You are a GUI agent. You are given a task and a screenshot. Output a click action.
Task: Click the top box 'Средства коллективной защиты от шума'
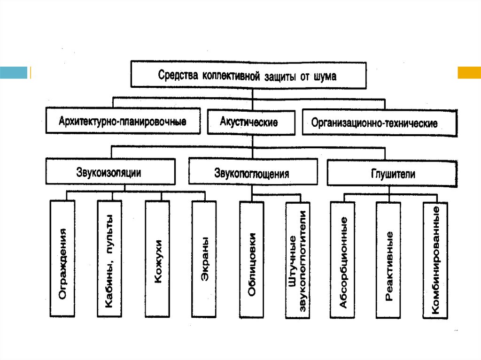[248, 75]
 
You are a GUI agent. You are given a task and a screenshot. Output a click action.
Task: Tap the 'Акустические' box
[249, 122]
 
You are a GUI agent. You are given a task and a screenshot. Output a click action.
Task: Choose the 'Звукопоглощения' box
[251, 173]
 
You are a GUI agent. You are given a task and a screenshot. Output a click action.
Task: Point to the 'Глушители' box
[393, 173]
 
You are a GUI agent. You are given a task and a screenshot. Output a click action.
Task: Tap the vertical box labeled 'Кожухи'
[157, 260]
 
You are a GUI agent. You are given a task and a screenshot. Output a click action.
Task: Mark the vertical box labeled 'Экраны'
[204, 260]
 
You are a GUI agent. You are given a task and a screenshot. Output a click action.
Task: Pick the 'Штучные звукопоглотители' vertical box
[298, 260]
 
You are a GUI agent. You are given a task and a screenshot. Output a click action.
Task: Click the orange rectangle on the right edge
[469, 72]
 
